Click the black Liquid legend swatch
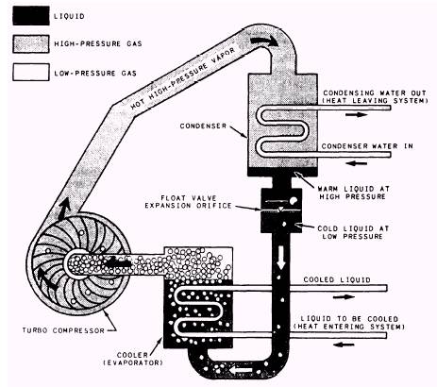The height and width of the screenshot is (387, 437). coord(31,16)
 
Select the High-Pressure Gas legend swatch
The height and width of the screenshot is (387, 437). coord(31,43)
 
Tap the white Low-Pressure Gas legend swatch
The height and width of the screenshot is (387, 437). coord(31,73)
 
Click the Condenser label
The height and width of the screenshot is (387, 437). coord(203,126)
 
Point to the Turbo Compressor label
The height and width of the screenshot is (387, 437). coord(63,330)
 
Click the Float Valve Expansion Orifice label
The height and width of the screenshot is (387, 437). coord(188,202)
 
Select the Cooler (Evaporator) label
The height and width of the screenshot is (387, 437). coord(133,359)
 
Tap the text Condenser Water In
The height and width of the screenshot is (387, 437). coord(367,146)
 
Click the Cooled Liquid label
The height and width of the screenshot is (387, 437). coord(337,279)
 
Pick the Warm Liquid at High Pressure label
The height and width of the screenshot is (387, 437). coord(353,193)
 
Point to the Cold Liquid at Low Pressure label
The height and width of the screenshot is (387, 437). coord(353,232)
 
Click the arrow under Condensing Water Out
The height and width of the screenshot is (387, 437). coord(356,114)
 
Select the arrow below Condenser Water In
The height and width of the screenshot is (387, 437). coord(356,163)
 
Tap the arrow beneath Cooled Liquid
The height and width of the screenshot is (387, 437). coord(344,296)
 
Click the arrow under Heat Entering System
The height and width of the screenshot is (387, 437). coord(344,345)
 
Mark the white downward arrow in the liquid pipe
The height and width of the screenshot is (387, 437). coord(280,258)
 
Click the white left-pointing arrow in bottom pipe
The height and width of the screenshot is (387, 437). coord(241,370)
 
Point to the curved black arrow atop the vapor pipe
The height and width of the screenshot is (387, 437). coord(263,42)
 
